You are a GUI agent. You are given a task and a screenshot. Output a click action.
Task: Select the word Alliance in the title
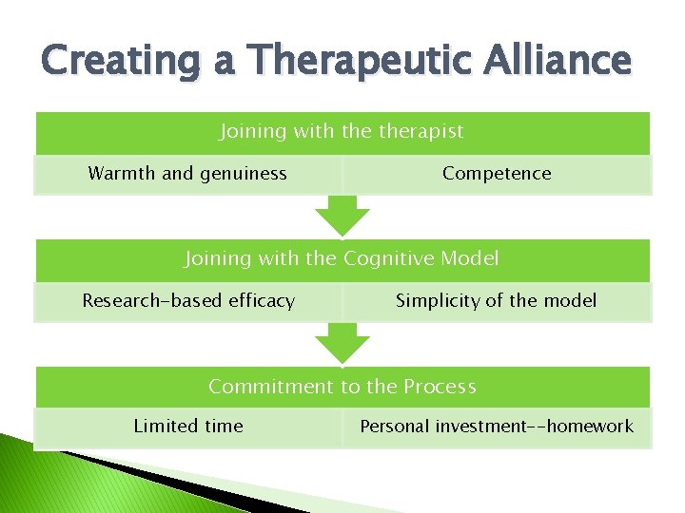click(557, 62)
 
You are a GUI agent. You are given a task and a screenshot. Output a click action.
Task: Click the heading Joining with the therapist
click(342, 131)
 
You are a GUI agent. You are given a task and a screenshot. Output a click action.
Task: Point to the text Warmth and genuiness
click(187, 173)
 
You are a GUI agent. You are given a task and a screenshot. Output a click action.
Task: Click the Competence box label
click(497, 173)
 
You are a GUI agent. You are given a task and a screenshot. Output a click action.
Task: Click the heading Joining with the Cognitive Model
click(342, 258)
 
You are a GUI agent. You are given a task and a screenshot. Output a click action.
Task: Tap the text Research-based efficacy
click(188, 301)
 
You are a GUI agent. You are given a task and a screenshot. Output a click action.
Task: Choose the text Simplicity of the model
click(497, 301)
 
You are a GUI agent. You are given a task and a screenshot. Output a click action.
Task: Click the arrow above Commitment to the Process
click(342, 343)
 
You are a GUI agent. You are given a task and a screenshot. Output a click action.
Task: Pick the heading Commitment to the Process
click(342, 387)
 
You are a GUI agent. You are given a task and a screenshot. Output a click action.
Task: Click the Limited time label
click(188, 427)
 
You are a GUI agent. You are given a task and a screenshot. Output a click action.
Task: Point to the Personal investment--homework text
click(497, 427)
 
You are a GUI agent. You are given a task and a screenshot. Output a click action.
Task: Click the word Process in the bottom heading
click(440, 387)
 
